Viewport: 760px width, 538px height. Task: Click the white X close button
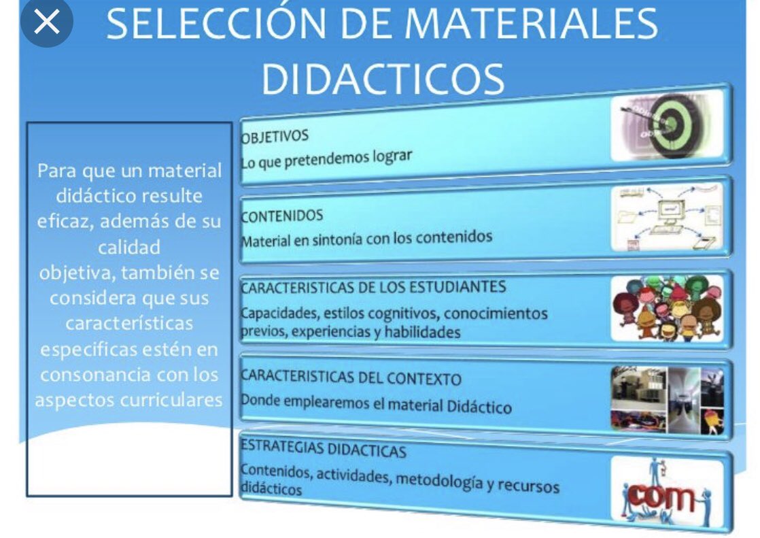pyautogui.click(x=46, y=22)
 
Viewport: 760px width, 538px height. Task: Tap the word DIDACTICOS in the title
pyautogui.click(x=382, y=78)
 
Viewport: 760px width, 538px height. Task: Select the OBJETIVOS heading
pyautogui.click(x=274, y=136)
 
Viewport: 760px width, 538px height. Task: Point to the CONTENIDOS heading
pyautogui.click(x=281, y=216)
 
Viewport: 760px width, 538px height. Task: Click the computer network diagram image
pyautogui.click(x=666, y=217)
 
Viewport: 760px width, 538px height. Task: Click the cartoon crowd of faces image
pyautogui.click(x=666, y=308)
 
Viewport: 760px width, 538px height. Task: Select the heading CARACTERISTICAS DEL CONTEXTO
pyautogui.click(x=351, y=377)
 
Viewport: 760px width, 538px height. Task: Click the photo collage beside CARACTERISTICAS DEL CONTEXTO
pyautogui.click(x=666, y=399)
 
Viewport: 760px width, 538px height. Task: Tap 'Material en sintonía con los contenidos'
pyautogui.click(x=366, y=239)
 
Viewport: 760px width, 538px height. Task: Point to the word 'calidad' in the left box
pyautogui.click(x=129, y=247)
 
